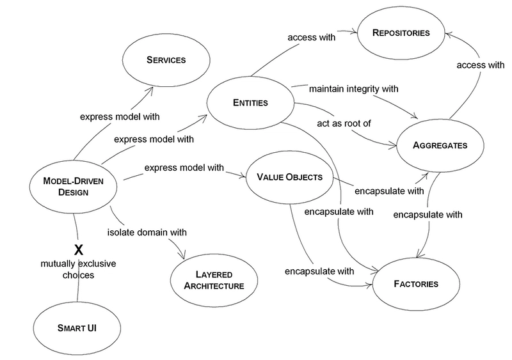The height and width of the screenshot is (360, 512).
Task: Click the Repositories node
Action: pos(401,33)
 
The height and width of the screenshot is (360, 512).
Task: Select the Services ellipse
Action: pos(166,60)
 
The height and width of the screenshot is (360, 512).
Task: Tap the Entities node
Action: pos(250,103)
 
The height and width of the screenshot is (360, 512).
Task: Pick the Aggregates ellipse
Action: pos(440,145)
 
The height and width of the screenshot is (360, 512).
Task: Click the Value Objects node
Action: pos(289,177)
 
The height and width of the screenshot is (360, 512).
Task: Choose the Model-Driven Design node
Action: pos(73,187)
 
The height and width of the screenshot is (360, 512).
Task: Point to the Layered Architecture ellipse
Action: pos(214,280)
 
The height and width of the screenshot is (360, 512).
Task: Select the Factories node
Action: pos(416,284)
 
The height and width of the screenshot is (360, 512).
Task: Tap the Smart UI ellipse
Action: pos(77,328)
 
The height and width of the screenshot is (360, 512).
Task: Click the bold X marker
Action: pos(79,250)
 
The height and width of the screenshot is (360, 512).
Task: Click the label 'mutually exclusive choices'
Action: pos(78,269)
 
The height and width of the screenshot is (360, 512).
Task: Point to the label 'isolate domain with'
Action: pos(147,232)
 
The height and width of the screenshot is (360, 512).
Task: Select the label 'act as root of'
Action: pos(344,123)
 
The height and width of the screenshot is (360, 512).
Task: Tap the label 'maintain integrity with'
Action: pos(354,89)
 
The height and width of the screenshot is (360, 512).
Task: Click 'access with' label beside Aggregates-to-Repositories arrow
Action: pos(481,65)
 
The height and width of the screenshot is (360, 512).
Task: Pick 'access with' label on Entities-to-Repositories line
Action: pos(312,38)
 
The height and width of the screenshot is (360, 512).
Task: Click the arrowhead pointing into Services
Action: pos(151,89)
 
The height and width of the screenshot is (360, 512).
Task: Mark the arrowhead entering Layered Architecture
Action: pos(182,255)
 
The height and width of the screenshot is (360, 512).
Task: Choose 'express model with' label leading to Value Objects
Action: pos(184,168)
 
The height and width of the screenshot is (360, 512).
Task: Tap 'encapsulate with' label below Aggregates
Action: pos(428,215)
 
